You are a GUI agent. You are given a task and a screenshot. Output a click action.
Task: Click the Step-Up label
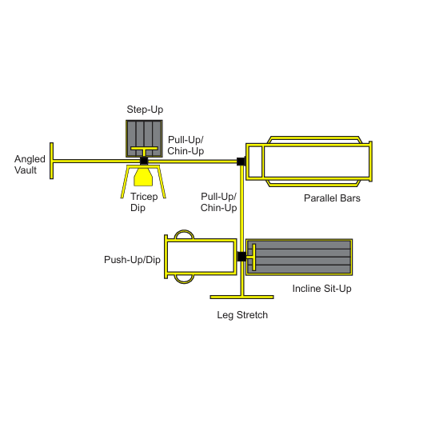145,110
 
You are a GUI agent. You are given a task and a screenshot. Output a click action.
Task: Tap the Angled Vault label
30,165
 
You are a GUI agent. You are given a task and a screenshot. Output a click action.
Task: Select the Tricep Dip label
144,202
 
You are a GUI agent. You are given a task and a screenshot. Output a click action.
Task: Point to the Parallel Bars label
332,198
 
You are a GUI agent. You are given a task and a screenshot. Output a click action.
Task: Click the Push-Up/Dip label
132,260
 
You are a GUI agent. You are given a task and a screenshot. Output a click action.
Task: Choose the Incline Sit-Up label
321,289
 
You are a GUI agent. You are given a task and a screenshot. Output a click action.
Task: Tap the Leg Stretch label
242,315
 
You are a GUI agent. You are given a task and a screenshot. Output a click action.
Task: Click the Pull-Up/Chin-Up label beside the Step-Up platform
186,146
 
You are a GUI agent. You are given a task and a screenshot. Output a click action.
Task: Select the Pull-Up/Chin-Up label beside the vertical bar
218,202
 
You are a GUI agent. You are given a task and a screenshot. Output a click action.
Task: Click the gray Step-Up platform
144,138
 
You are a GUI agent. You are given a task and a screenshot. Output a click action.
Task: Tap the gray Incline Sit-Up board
299,257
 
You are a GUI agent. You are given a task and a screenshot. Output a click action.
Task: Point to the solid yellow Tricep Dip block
143,178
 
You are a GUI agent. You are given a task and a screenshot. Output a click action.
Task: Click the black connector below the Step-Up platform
144,161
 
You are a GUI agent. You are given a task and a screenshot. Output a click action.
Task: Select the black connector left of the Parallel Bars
241,162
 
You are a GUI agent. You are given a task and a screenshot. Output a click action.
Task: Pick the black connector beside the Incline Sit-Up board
241,257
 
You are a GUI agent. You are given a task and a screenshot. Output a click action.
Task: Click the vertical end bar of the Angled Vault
51,161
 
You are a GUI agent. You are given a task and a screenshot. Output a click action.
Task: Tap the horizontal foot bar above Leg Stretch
241,297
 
